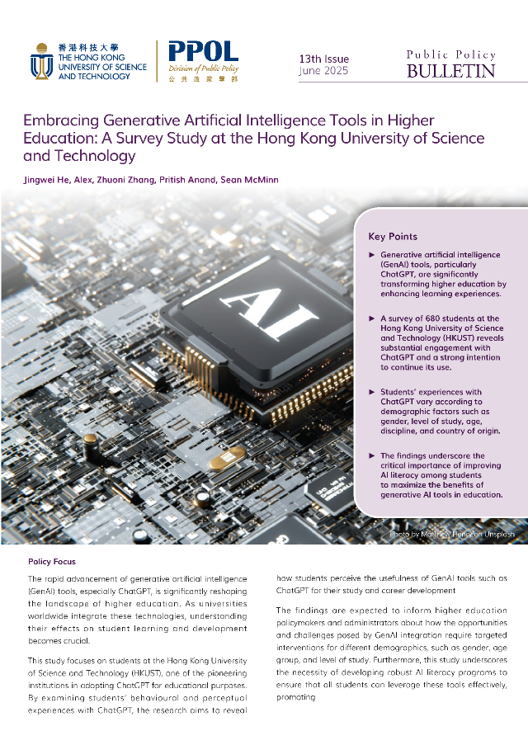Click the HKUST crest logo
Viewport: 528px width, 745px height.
[x=42, y=61]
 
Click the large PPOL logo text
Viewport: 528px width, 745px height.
[x=203, y=52]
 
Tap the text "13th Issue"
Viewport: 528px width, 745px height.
[x=323, y=59]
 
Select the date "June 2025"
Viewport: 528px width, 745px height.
[x=323, y=71]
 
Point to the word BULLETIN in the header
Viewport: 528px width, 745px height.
[x=450, y=72]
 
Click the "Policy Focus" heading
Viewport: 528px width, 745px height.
[x=51, y=561]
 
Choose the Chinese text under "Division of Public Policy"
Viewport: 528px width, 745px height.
[x=203, y=79]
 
